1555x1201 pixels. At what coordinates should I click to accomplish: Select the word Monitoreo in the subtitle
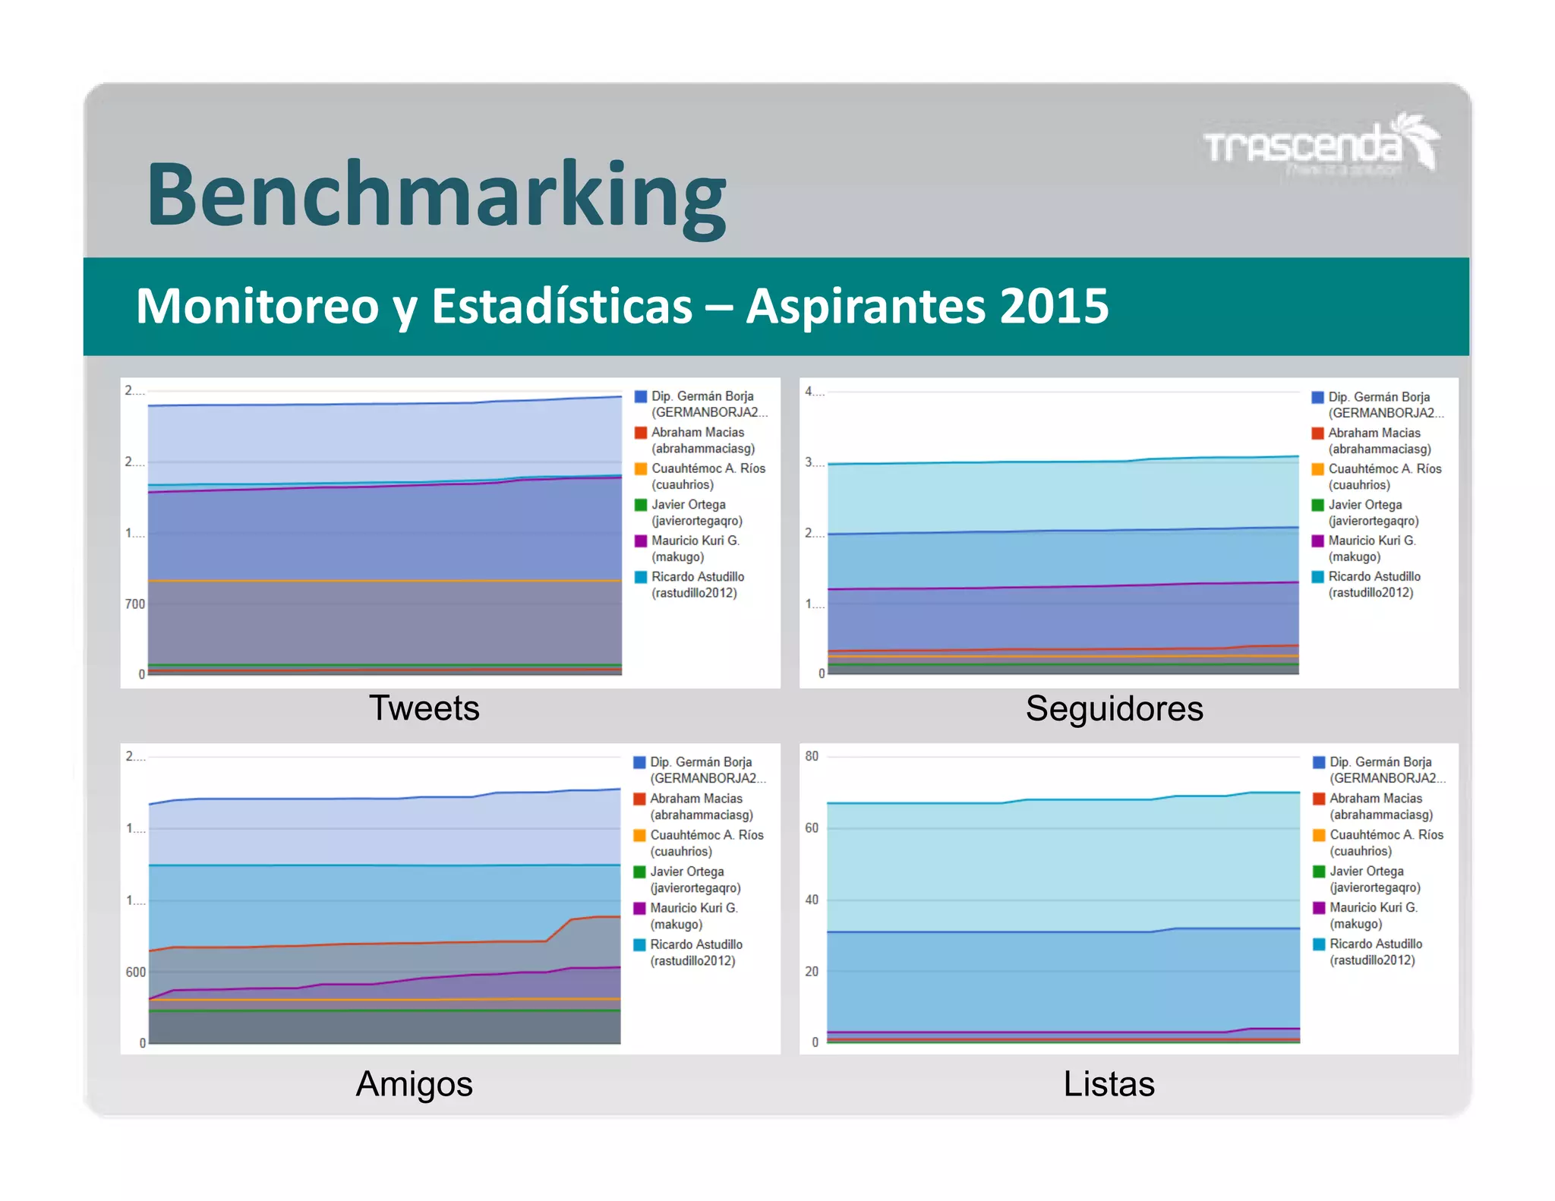click(x=257, y=306)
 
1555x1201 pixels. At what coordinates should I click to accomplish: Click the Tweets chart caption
click(x=424, y=708)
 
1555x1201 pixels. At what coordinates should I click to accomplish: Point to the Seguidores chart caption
click(x=1114, y=708)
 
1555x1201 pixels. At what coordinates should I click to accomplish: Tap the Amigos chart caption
click(x=414, y=1083)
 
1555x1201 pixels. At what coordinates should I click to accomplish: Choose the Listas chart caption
click(x=1109, y=1083)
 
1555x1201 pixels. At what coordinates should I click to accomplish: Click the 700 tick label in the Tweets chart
click(x=134, y=604)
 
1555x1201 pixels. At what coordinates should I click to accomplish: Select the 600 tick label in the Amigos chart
click(x=135, y=972)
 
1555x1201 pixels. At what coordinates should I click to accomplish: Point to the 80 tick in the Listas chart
click(x=812, y=756)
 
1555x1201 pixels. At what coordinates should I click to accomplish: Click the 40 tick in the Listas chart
click(x=812, y=900)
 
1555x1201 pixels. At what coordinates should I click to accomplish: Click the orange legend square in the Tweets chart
click(x=641, y=468)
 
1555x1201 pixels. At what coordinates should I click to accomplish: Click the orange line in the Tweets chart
click(x=380, y=581)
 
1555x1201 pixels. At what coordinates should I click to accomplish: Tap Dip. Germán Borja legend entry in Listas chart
click(x=1380, y=770)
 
